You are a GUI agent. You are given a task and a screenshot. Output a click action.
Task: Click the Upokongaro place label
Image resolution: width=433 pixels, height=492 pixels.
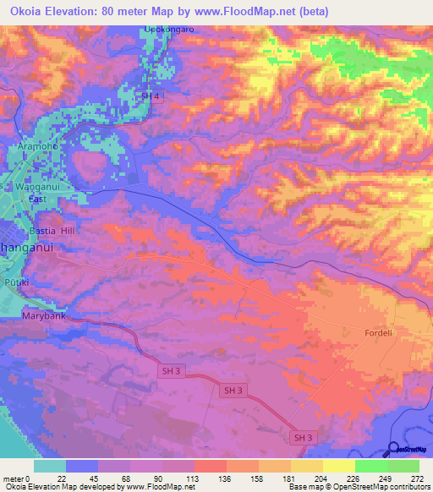[170, 29]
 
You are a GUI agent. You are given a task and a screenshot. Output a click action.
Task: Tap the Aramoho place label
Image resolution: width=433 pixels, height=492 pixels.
[36, 146]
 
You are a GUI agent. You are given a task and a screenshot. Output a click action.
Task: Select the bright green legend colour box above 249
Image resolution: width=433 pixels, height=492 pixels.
[371, 466]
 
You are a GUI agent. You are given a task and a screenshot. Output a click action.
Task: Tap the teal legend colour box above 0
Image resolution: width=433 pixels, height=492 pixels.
[50, 466]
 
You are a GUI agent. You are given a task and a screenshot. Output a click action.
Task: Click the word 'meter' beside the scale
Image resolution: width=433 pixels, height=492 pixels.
[13, 478]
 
